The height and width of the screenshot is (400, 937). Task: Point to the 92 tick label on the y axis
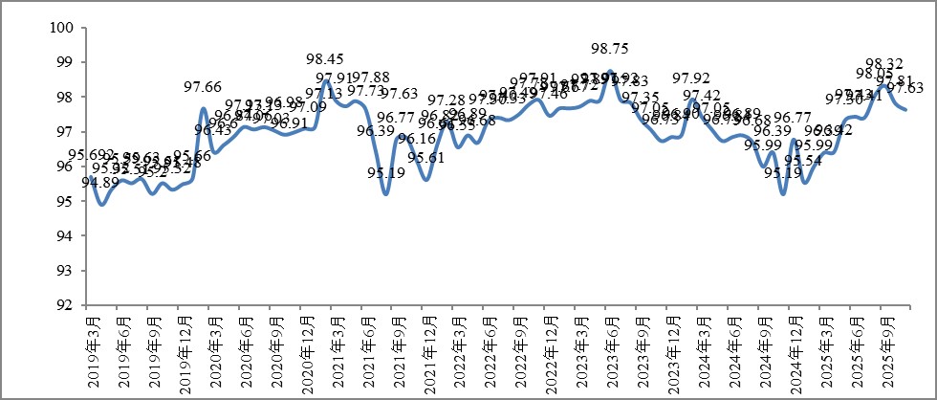tap(65, 305)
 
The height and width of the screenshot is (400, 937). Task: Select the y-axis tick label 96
tap(65, 167)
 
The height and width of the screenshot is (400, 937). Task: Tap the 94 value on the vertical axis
tap(65, 236)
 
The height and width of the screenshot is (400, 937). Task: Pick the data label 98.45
tap(325, 59)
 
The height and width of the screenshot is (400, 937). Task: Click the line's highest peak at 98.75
tap(609, 71)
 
